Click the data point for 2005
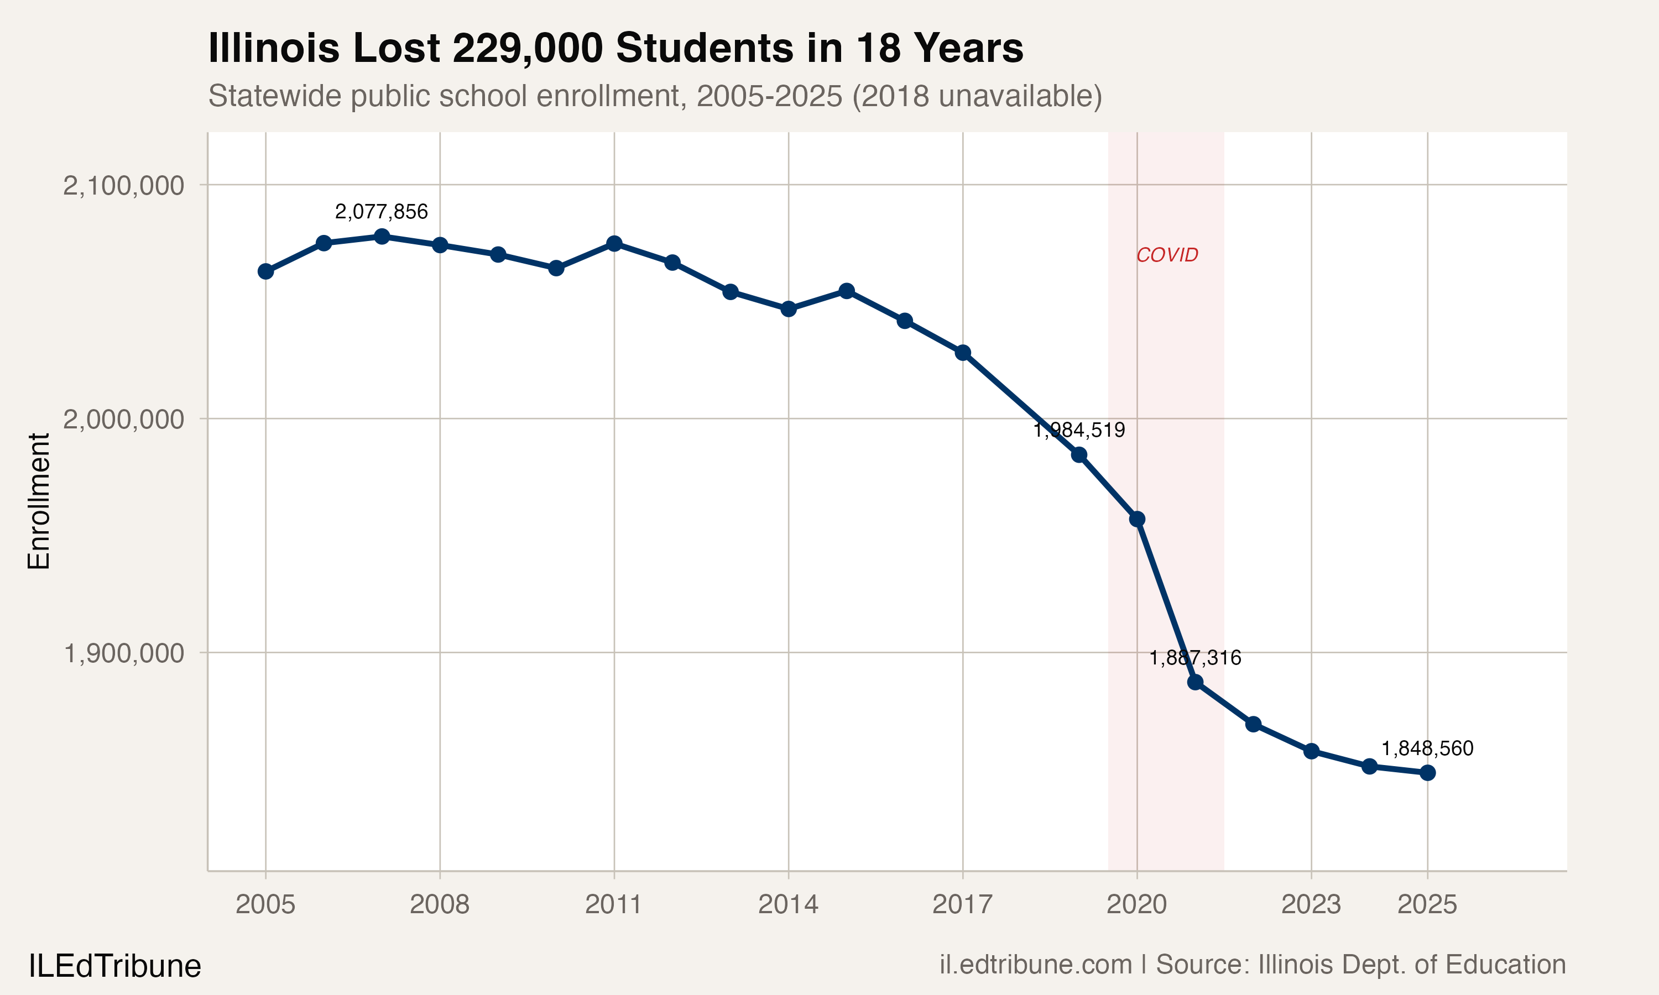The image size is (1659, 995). click(x=265, y=271)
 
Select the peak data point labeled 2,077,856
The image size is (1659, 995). click(x=382, y=237)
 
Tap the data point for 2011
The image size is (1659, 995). click(x=614, y=243)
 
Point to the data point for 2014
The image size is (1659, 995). click(x=789, y=309)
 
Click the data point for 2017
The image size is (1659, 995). click(x=963, y=353)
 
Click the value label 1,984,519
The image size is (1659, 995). click(x=1079, y=430)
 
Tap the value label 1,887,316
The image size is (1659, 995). click(x=1195, y=658)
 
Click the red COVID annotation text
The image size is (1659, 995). click(x=1167, y=255)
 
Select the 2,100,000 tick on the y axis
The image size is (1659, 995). click(x=123, y=185)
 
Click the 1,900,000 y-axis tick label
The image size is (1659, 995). click(x=123, y=652)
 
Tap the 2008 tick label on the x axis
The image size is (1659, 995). click(x=439, y=904)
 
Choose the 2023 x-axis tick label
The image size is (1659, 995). click(x=1311, y=904)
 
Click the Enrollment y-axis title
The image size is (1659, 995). click(x=39, y=501)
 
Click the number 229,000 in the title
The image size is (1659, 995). click(x=528, y=48)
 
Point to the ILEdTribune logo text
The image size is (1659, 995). click(x=114, y=966)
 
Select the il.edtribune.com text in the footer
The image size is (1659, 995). click(x=1035, y=965)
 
